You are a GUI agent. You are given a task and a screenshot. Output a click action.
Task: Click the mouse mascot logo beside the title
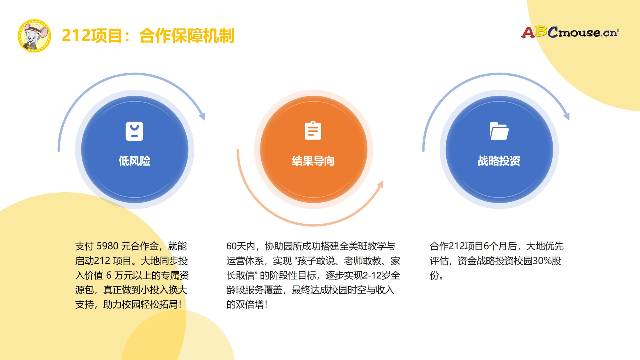[34, 36]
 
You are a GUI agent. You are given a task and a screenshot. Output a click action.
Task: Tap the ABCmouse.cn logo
[570, 32]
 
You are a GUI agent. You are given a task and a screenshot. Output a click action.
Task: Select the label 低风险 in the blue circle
[134, 161]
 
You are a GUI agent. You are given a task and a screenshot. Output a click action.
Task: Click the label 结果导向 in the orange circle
[313, 161]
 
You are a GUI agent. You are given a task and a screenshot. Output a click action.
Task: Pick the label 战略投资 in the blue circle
[499, 161]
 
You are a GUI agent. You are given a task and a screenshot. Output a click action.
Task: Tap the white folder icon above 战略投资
[499, 131]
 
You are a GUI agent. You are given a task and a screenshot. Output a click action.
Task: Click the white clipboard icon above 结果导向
[313, 130]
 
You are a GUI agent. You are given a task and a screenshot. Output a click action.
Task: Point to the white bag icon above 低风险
[134, 131]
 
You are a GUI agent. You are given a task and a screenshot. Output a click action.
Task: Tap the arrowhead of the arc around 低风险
[202, 116]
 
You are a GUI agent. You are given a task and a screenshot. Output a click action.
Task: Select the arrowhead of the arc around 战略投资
[567, 116]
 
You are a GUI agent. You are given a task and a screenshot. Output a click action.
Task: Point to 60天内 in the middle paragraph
[240, 246]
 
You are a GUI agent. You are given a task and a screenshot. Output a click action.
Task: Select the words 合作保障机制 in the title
[187, 35]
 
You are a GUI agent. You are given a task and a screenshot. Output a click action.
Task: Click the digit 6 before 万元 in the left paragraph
[109, 275]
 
